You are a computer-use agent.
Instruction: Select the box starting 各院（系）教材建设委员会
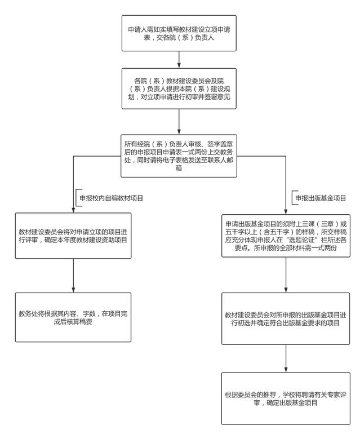coord(179,89)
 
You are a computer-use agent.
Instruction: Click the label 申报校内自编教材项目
coord(111,198)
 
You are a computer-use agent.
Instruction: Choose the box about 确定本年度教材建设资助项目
coord(73,236)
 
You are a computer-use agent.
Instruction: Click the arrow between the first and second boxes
coord(179,59)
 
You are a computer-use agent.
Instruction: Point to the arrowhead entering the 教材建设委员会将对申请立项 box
coord(73,209)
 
